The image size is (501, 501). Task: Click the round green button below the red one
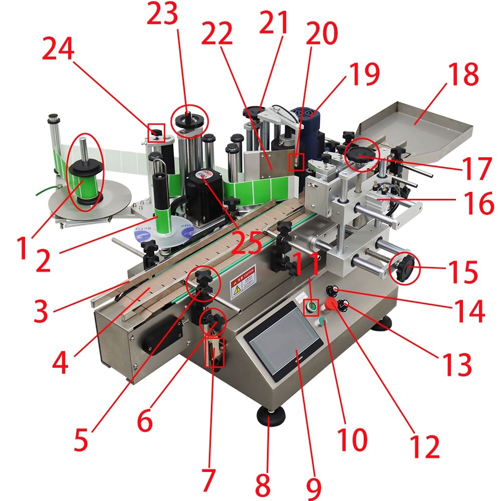322,322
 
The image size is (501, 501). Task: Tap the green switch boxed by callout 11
312,306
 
